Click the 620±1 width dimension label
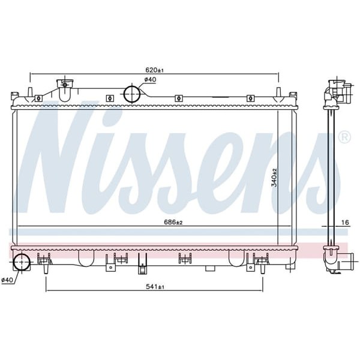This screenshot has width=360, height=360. coord(155,70)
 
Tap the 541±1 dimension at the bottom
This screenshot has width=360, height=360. coord(155,287)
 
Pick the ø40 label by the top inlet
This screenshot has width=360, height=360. coord(149,80)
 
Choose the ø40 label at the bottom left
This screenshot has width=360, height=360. coord(7,280)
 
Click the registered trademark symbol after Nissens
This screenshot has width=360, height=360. coord(344,137)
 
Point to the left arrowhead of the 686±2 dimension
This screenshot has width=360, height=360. coord(20,226)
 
